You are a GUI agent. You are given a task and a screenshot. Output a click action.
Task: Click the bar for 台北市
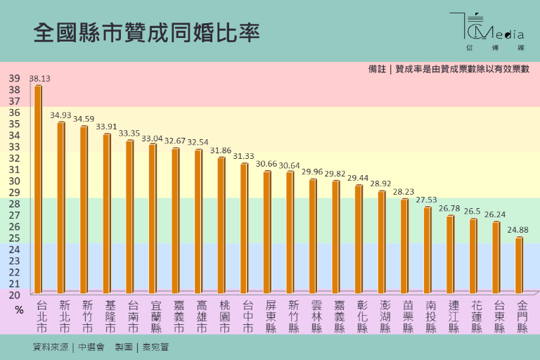click(x=38, y=188)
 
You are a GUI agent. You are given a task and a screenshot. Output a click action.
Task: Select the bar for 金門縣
click(x=519, y=265)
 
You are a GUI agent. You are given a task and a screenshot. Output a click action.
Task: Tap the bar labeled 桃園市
click(x=221, y=225)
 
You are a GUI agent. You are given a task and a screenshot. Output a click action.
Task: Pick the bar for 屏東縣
click(x=267, y=232)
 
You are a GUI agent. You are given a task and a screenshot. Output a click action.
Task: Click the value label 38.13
click(x=39, y=79)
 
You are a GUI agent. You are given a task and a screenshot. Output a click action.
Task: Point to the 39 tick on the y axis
click(x=14, y=79)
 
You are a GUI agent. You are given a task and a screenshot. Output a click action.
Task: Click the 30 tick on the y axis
click(x=14, y=181)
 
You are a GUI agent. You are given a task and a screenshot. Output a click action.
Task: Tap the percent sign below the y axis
click(x=19, y=309)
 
